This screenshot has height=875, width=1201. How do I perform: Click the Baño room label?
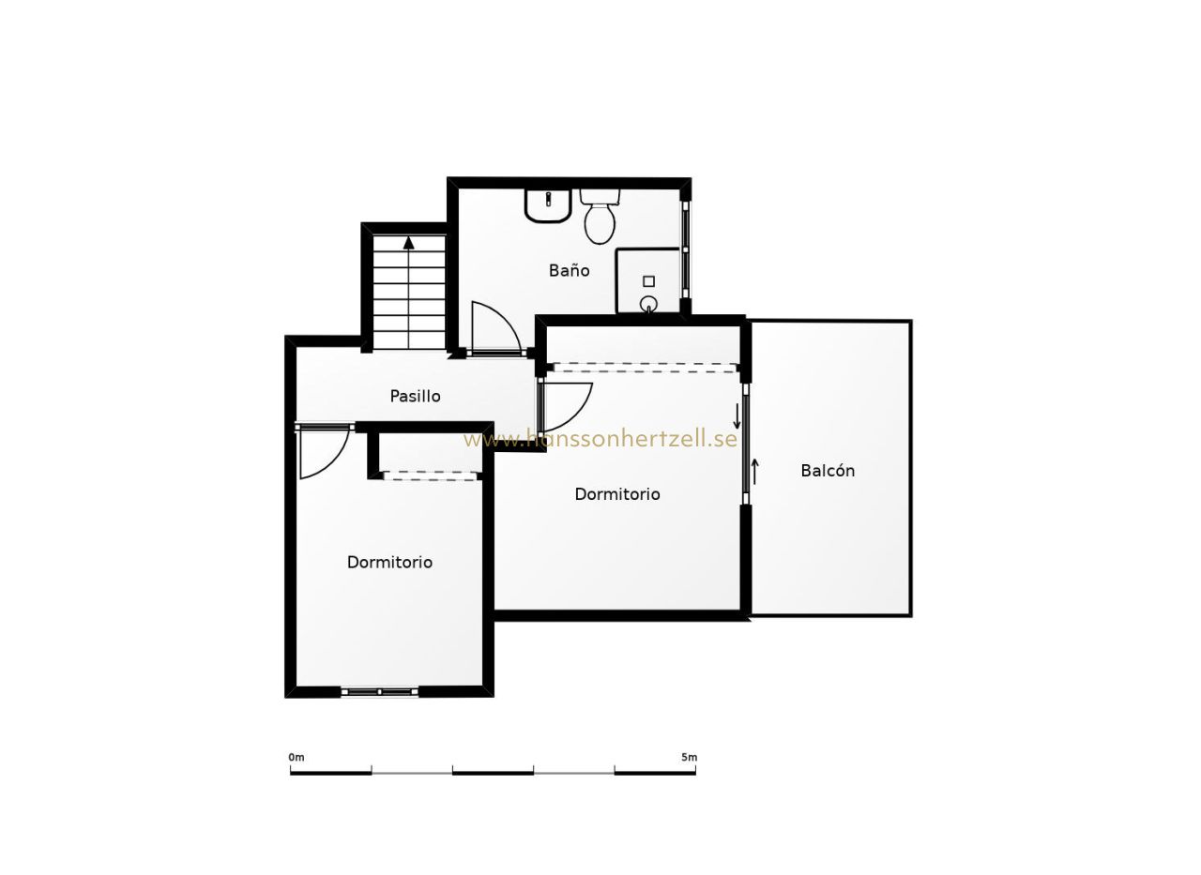coord(569,271)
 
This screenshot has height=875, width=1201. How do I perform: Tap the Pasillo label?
coord(415,397)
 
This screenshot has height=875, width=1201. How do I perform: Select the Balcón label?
coord(828,471)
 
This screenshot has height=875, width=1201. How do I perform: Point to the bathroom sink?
coord(548,204)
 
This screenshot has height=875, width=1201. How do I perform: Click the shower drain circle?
coord(647,304)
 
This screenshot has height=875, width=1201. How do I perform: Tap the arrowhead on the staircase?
coord(409,243)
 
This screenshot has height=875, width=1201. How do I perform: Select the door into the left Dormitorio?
coord(324,452)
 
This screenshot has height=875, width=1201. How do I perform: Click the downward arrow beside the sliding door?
coord(737,415)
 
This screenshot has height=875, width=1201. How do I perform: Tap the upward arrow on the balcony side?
coord(755,471)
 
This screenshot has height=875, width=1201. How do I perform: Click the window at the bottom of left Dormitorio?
coord(380,692)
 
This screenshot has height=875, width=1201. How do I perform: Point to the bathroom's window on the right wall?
coord(685,249)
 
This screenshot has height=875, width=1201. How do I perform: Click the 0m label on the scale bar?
coord(296,758)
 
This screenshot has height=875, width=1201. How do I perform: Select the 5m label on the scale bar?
coord(690,758)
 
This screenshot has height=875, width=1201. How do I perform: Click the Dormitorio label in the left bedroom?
coord(389,562)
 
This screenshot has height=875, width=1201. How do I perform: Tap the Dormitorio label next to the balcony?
coord(617,494)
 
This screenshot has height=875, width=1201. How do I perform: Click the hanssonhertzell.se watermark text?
coord(600,439)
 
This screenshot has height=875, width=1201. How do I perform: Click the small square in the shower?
coord(648,281)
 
